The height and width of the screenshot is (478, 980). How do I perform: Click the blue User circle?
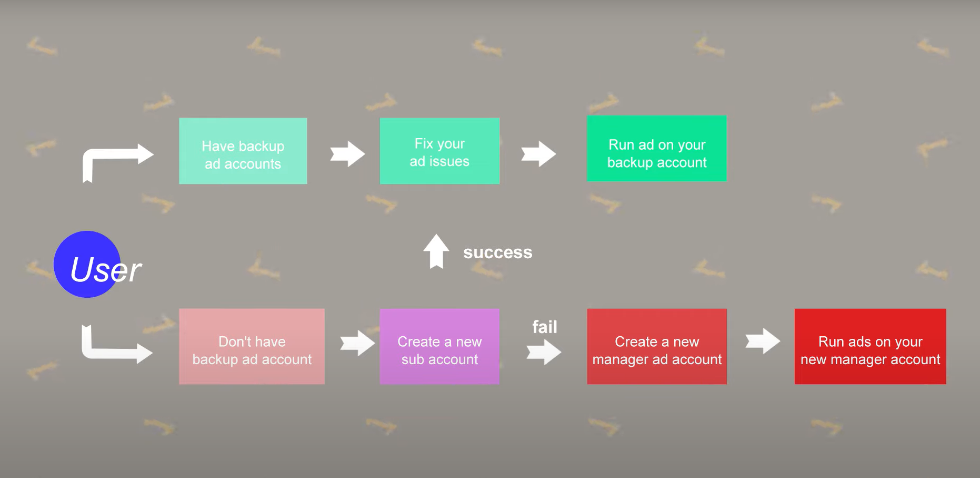pyautogui.click(x=87, y=264)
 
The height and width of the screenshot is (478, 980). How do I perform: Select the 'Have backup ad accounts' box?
pyautogui.click(x=243, y=151)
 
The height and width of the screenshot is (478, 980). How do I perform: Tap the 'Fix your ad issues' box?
pyautogui.click(x=439, y=151)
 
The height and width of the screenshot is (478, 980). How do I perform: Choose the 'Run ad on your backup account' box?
pyautogui.click(x=656, y=149)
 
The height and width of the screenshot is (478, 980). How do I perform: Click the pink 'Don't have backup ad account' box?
pyautogui.click(x=252, y=346)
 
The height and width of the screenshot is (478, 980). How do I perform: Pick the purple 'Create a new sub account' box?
pyautogui.click(x=439, y=346)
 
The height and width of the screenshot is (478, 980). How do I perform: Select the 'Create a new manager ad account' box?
pyautogui.click(x=656, y=346)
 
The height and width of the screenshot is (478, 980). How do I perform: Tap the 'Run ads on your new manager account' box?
pyautogui.click(x=870, y=346)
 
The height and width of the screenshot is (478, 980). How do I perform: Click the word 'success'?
pyautogui.click(x=497, y=252)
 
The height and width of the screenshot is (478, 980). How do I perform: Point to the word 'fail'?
pyautogui.click(x=544, y=327)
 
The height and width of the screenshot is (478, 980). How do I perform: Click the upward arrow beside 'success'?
pyautogui.click(x=436, y=251)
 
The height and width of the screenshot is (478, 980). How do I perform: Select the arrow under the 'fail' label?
pyautogui.click(x=544, y=352)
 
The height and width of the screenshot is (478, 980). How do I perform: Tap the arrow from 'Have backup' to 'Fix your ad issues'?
pyautogui.click(x=347, y=154)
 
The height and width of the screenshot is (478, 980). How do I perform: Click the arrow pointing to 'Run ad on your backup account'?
pyautogui.click(x=538, y=154)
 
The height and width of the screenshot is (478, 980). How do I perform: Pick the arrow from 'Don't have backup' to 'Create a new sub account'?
pyautogui.click(x=357, y=343)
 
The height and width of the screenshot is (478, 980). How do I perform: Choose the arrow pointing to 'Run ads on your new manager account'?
pyautogui.click(x=763, y=341)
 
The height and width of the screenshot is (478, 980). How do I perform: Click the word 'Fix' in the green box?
pyautogui.click(x=424, y=143)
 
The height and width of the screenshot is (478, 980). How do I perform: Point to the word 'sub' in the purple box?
pyautogui.click(x=413, y=359)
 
